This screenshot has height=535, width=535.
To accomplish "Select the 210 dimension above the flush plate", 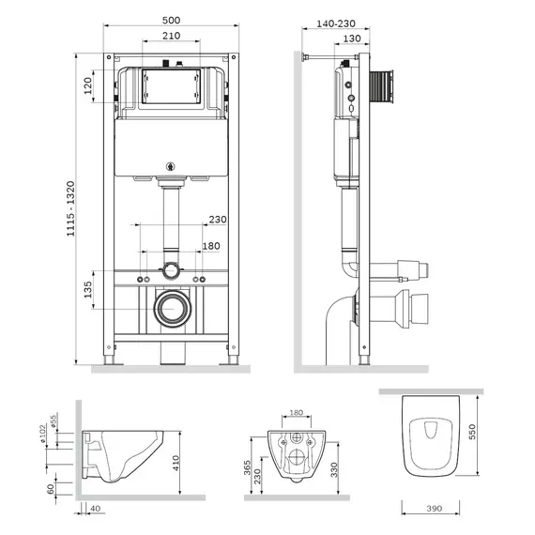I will (169, 37).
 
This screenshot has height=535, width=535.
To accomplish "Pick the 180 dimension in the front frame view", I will (210, 246).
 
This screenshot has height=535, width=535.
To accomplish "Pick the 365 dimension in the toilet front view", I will (246, 468).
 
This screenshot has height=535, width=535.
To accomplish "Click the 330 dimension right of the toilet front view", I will (333, 468).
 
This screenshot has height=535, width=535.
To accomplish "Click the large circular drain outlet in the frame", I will (171, 308).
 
